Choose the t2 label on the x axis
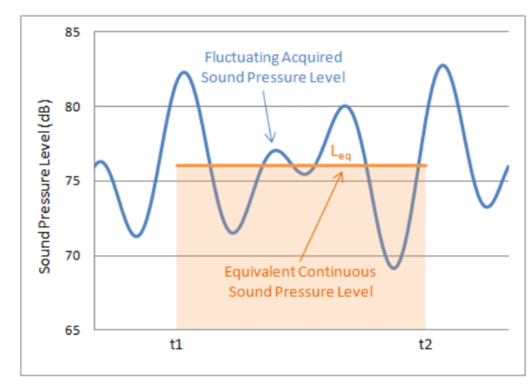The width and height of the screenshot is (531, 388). (x=425, y=344)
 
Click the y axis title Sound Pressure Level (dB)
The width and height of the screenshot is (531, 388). (x=44, y=186)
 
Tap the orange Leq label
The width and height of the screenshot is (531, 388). (x=341, y=152)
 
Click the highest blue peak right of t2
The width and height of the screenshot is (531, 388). (x=442, y=65)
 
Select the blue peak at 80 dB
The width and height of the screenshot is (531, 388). (x=345, y=105)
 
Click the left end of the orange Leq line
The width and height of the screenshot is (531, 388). (x=177, y=166)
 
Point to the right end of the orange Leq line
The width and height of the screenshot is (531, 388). (x=426, y=166)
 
